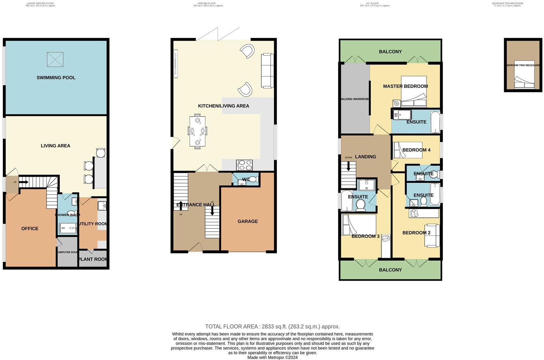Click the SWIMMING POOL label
click(56, 77)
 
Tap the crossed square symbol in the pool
click(55, 59)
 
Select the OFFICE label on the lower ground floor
click(30, 228)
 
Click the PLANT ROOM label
click(93, 259)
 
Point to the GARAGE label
click(248, 221)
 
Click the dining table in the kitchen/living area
click(197, 131)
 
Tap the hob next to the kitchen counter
click(244, 165)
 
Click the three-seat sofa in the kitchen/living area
click(267, 70)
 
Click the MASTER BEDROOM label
click(405, 86)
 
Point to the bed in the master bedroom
click(414, 91)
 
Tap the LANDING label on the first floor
click(365, 157)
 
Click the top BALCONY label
click(390, 52)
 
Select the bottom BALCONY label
click(390, 270)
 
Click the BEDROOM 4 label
click(416, 150)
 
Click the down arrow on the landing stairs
click(348, 167)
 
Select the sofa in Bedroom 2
click(432, 235)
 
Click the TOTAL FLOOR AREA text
click(272, 327)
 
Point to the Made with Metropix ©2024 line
click(272, 357)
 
